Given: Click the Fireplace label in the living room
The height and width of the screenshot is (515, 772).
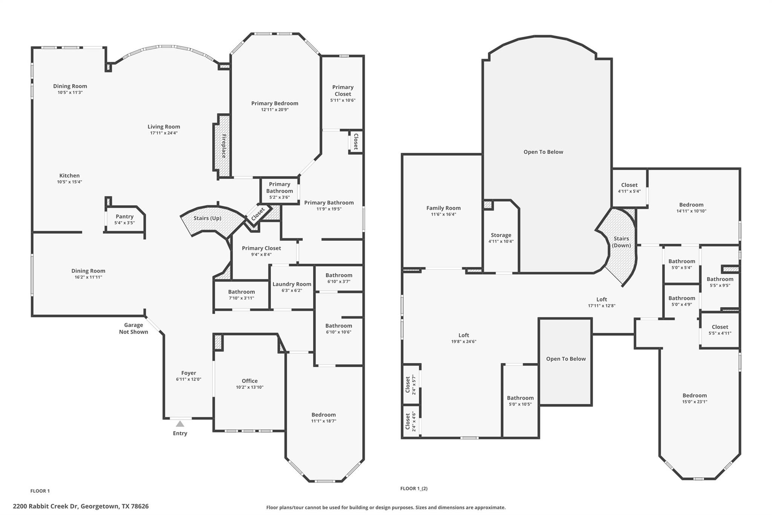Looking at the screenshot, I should [x=224, y=146].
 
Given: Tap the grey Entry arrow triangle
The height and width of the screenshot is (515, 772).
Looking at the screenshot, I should [x=180, y=424].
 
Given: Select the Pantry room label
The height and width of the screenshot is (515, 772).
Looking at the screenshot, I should [x=124, y=217].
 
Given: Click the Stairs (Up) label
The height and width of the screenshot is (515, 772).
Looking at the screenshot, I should [x=207, y=218].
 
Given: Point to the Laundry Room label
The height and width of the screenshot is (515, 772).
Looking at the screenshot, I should [x=292, y=284].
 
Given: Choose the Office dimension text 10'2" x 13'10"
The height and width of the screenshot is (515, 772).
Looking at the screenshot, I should [x=250, y=387].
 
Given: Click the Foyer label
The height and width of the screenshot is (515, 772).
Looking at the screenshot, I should [x=188, y=373].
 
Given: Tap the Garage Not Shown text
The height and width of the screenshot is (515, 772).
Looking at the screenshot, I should [x=133, y=328].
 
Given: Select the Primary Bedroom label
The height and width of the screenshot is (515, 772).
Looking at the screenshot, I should [x=274, y=103].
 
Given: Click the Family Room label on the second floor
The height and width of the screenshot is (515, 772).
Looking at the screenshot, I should [x=443, y=208].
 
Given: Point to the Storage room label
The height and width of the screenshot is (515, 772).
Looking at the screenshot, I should [x=501, y=235].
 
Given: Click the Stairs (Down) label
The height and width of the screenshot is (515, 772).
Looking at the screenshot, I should [x=621, y=242].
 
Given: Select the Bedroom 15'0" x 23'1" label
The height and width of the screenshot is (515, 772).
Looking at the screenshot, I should [x=694, y=395].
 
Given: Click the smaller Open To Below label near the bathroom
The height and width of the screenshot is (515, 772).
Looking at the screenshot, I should [x=566, y=359].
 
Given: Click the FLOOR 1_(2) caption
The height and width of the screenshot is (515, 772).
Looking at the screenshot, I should [x=414, y=488].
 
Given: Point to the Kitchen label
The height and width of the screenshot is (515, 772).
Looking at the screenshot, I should [x=69, y=175].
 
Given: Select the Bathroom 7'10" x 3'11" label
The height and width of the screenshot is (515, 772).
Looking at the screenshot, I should [x=241, y=292].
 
